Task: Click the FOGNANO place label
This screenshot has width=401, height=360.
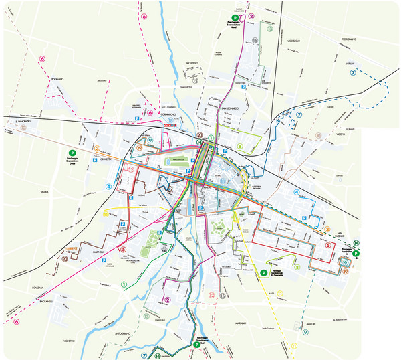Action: (x=57, y=79)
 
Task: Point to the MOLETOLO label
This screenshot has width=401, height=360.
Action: (x=192, y=63)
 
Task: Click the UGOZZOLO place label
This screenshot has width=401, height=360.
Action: (x=295, y=41)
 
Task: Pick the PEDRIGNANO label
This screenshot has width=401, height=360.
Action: (x=350, y=39)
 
